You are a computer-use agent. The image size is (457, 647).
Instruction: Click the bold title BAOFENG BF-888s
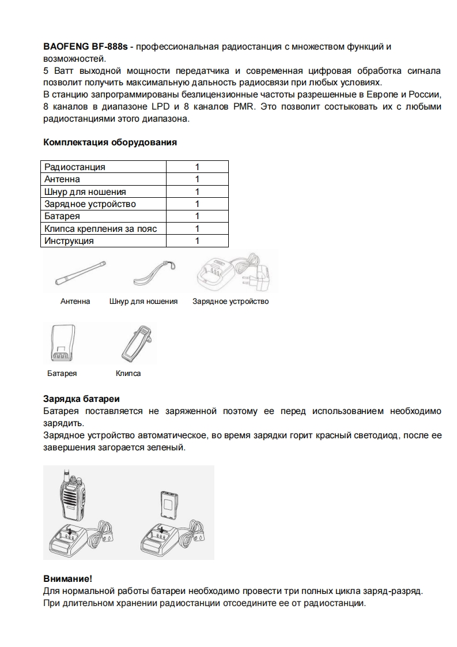click(85, 46)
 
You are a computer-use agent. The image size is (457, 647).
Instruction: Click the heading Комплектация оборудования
click(110, 142)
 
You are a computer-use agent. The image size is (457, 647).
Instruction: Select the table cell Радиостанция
click(75, 167)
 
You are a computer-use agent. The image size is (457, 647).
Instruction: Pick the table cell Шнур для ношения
click(85, 192)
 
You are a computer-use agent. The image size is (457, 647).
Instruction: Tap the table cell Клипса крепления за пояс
click(101, 229)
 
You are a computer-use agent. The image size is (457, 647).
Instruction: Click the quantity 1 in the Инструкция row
click(197, 241)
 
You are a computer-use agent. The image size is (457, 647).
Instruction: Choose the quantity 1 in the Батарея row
click(197, 217)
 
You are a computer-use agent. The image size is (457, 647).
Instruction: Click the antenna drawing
click(79, 272)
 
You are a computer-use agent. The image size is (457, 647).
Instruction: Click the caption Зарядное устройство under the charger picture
click(231, 301)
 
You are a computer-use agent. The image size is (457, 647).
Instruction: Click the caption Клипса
click(128, 373)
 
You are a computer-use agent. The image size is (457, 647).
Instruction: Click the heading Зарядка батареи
click(81, 398)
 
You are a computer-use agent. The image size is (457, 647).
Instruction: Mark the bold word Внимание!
click(67, 578)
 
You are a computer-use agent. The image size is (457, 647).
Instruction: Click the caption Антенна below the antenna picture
click(75, 301)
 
